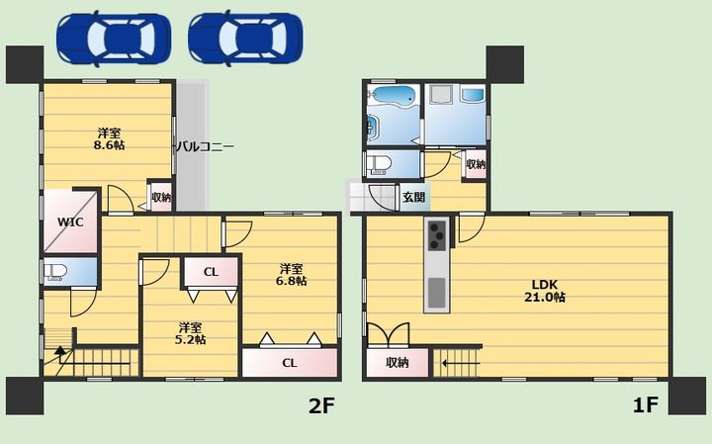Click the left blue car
[114, 39]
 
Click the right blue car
[245, 39]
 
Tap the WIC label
[70, 222]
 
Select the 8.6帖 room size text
[109, 145]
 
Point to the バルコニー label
[206, 146]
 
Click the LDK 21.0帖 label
[545, 291]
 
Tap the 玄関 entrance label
[414, 198]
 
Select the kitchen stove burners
[437, 235]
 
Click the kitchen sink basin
[436, 293]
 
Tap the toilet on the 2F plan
[55, 272]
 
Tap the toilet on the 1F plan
[378, 164]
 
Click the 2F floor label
[321, 405]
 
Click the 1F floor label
[646, 405]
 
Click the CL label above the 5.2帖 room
[211, 272]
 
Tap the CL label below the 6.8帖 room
[289, 363]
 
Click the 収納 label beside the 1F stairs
[398, 362]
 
